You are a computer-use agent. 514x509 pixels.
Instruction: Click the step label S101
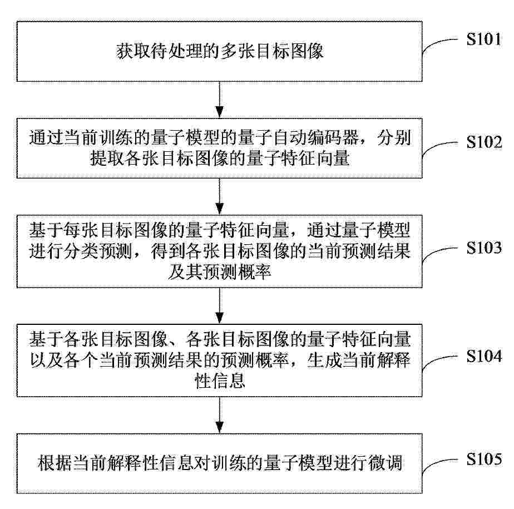[484, 39]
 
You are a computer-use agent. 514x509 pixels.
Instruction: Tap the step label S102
[484, 142]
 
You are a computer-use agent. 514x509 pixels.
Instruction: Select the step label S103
[484, 248]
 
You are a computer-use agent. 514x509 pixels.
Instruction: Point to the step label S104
[484, 356]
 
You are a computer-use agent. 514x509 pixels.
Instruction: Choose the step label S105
[484, 459]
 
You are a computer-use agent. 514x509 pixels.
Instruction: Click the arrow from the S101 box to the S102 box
[220, 100]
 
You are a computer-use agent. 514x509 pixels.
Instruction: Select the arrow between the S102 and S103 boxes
[220, 196]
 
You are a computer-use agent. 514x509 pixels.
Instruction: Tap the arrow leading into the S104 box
[220, 306]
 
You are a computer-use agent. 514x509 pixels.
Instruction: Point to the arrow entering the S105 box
[220, 415]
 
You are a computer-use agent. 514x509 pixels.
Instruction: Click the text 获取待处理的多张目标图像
[220, 52]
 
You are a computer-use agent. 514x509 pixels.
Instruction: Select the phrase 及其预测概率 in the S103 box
[220, 271]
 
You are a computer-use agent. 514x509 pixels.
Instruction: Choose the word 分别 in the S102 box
[394, 137]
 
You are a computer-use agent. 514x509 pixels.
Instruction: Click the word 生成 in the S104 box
[324, 360]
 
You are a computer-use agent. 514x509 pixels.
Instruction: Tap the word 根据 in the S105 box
[55, 463]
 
